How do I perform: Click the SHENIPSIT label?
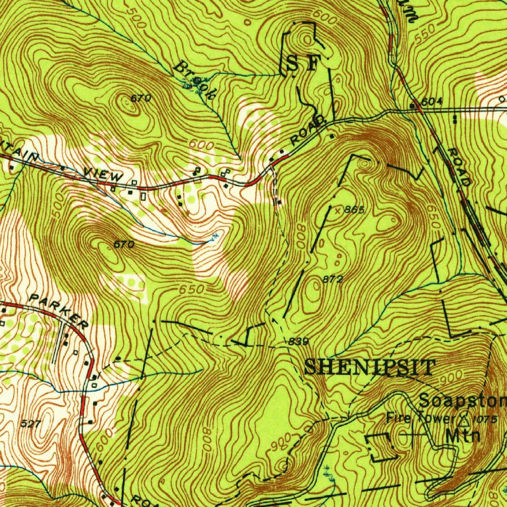pos(369,367)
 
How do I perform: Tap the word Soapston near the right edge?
pos(462,400)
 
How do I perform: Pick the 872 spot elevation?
pos(333,280)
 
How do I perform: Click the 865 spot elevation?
pos(355,210)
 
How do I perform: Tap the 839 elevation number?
pos(299,342)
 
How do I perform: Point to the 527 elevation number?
pos(32,423)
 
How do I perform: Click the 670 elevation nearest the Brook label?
pos(141,99)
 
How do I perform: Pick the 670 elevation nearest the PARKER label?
pos(124,244)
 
